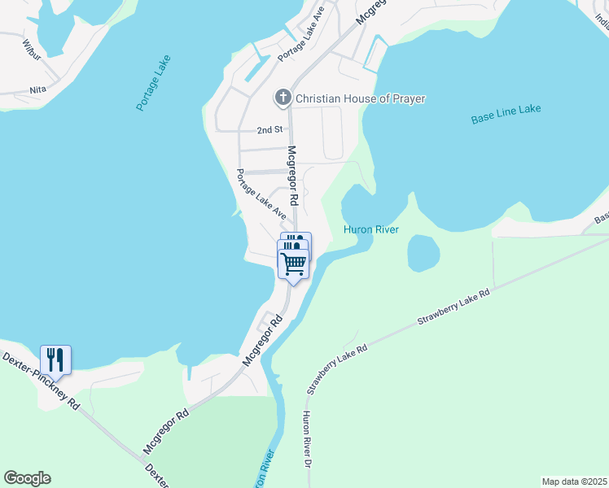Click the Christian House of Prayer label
click(360, 98)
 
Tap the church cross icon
click(283, 98)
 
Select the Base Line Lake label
click(506, 114)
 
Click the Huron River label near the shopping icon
click(370, 230)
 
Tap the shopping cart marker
click(293, 262)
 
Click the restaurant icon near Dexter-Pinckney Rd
click(55, 359)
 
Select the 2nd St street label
click(269, 130)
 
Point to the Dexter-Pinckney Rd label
click(41, 381)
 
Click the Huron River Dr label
click(308, 438)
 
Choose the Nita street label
click(37, 89)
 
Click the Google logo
click(27, 478)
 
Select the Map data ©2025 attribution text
click(573, 481)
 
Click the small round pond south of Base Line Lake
click(423, 253)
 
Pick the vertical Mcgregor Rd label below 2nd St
click(293, 176)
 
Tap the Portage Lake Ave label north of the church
click(300, 39)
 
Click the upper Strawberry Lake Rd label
click(453, 307)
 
